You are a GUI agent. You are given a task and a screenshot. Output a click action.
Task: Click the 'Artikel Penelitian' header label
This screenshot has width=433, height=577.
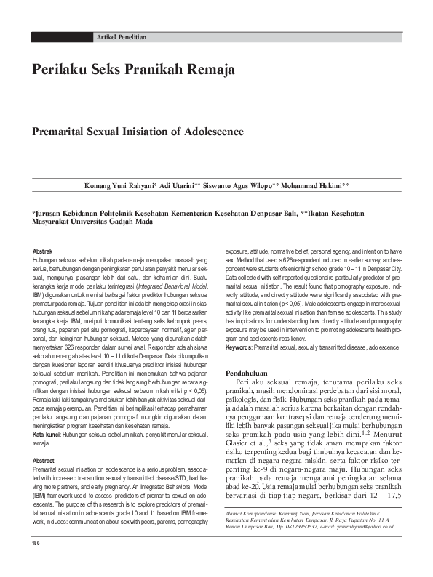coord(122,36)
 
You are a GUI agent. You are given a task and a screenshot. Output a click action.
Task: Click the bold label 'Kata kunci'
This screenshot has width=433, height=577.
coord(47,413)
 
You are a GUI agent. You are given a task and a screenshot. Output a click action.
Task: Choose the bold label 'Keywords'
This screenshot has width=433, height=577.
coord(239,348)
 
